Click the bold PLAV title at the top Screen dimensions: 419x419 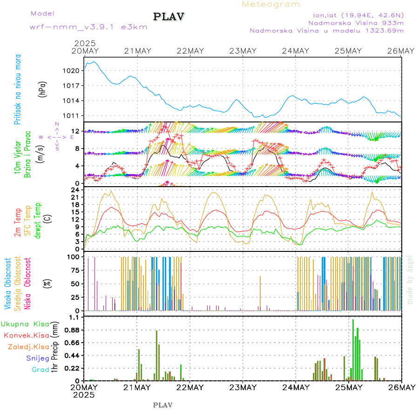click(x=169, y=17)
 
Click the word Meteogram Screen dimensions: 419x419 click(x=271, y=4)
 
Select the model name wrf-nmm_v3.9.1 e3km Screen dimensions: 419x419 click(x=88, y=27)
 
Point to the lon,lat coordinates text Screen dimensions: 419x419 click(x=358, y=14)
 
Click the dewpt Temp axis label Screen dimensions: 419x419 click(x=38, y=219)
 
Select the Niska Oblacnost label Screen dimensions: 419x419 click(x=28, y=284)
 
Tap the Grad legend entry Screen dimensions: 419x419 click(x=40, y=370)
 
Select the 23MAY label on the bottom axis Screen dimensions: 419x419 click(x=243, y=387)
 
